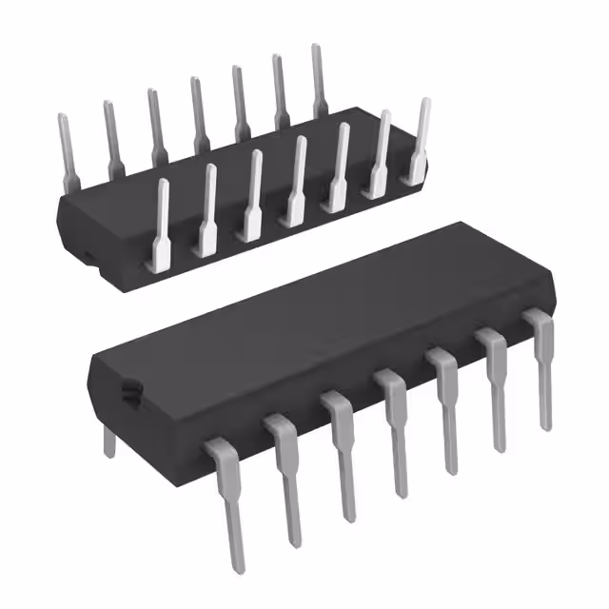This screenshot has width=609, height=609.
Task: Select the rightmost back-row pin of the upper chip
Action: pyautogui.click(x=319, y=81)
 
